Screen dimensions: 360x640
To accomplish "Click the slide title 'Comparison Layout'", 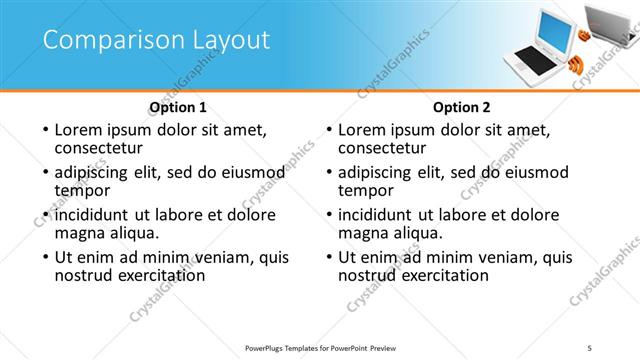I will (156, 40).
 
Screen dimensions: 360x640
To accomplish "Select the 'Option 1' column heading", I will (178, 107).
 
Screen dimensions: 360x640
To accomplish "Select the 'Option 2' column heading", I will (461, 107).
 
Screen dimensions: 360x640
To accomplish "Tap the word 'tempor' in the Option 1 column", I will (82, 190).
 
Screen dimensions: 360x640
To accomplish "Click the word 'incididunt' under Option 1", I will (93, 215).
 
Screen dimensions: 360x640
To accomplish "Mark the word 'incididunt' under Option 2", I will (376, 215).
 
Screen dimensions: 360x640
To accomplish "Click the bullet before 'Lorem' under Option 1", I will (44, 131).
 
